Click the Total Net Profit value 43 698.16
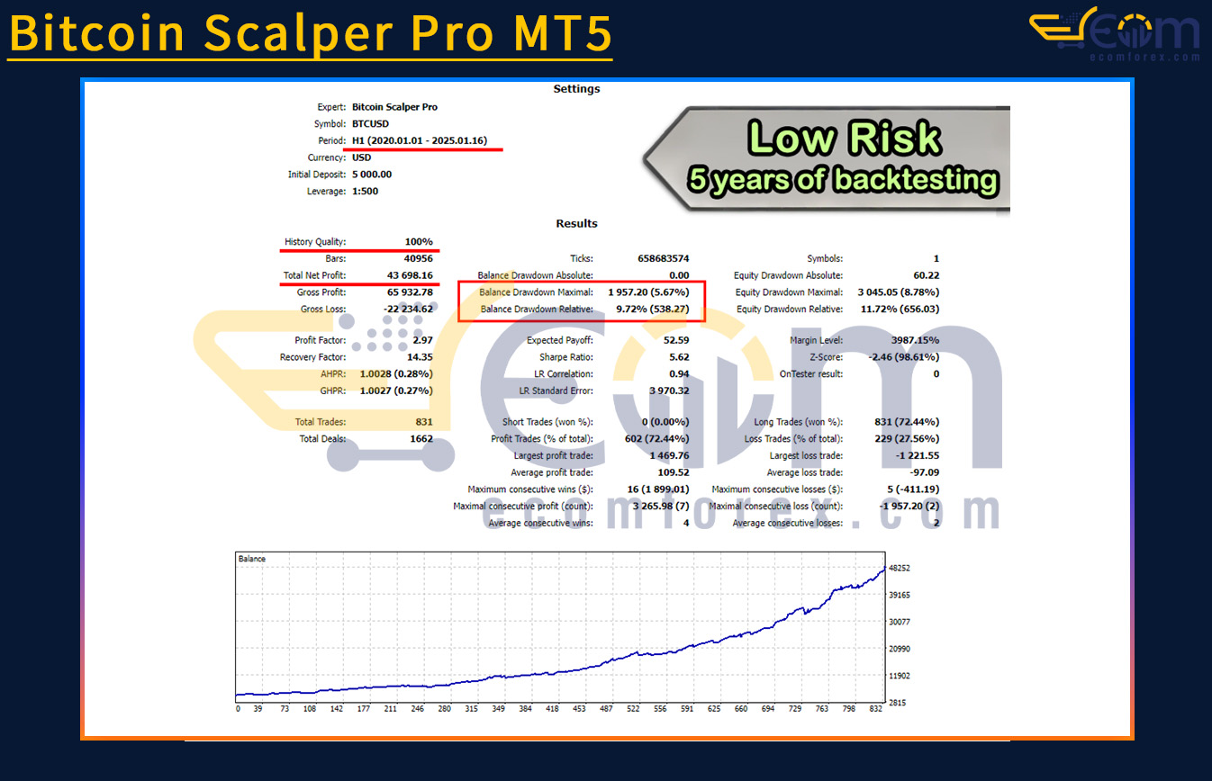click(410, 275)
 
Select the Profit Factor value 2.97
click(422, 340)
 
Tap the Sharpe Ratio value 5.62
click(679, 356)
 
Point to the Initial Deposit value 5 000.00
click(372, 174)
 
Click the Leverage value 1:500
click(366, 191)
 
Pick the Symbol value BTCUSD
click(370, 123)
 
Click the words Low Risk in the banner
click(844, 138)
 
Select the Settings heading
click(576, 89)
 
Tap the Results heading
click(576, 223)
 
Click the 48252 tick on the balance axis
click(900, 568)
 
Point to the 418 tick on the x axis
click(552, 709)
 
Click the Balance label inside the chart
click(251, 559)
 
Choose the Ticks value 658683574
click(663, 258)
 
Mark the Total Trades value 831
click(423, 422)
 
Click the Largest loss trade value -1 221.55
click(918, 455)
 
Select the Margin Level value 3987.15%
click(915, 340)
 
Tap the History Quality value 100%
click(419, 242)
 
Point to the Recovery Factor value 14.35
click(420, 356)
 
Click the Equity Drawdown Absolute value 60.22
click(927, 275)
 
